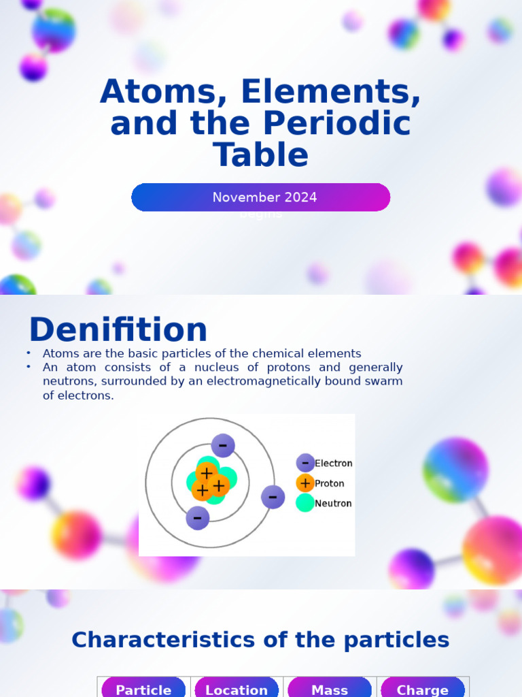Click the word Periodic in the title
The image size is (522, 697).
[x=336, y=124]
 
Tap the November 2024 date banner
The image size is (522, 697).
[x=261, y=197]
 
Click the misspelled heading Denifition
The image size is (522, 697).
[x=118, y=330]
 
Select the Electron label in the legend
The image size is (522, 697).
[x=334, y=464]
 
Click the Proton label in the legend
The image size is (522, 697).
[x=330, y=484]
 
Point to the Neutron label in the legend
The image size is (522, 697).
[x=333, y=504]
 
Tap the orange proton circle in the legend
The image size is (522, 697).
[x=305, y=483]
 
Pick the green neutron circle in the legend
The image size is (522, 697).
[x=305, y=503]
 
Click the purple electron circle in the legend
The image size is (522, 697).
[x=305, y=463]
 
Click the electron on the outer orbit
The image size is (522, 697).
[x=273, y=497]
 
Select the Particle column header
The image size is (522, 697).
[x=143, y=690]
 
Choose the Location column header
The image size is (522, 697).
[x=237, y=690]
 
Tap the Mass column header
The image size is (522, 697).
[x=330, y=690]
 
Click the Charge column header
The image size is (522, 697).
[x=422, y=690]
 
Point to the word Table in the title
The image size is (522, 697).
[x=261, y=155]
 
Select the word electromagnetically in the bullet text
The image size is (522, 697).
[x=260, y=381]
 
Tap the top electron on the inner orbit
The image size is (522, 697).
[x=222, y=446]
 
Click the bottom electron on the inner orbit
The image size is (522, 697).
[x=197, y=518]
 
